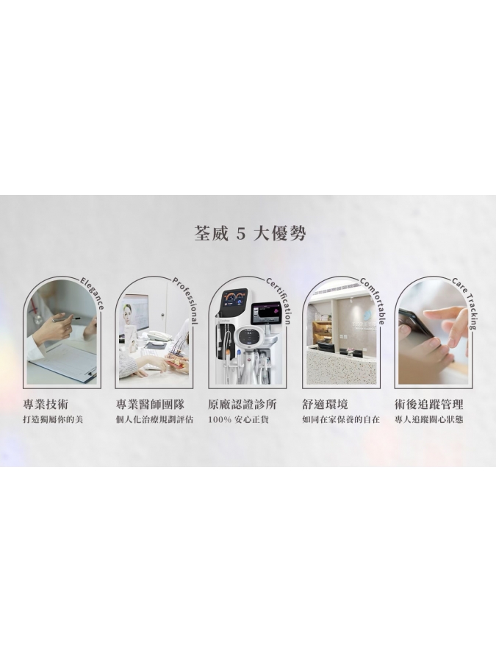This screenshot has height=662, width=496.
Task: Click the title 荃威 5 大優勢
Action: coord(249,234)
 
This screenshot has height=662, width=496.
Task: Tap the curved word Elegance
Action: coord(93,292)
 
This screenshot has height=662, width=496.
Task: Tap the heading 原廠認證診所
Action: coord(242,405)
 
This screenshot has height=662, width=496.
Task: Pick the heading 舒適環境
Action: coord(325,405)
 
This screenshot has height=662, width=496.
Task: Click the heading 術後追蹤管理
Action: coord(428,405)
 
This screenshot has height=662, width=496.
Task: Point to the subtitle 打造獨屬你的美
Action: coord(52,420)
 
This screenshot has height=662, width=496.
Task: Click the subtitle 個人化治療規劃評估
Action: coord(154,420)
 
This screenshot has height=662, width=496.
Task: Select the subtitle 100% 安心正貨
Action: coord(238,420)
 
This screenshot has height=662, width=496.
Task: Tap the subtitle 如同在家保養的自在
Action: coord(340,420)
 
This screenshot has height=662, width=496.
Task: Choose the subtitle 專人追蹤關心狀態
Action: coord(428,420)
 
